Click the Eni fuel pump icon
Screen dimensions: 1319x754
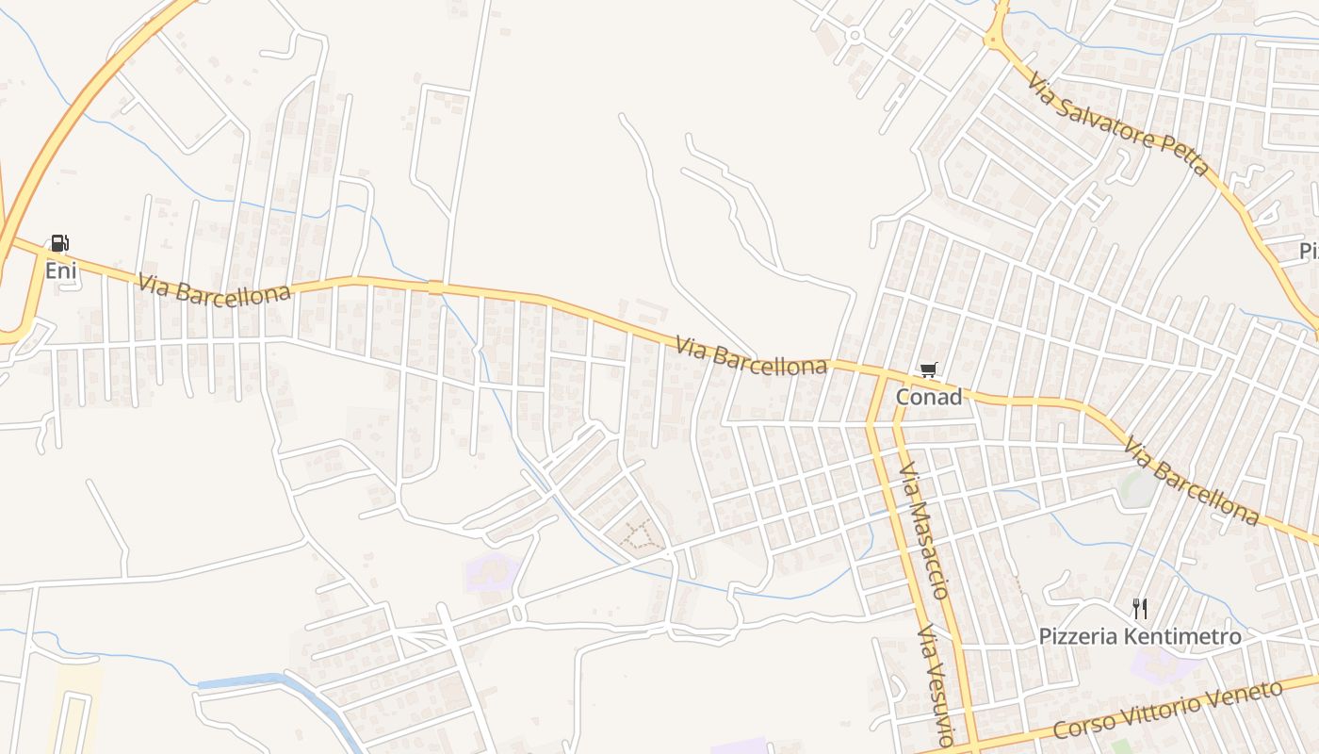(59, 243)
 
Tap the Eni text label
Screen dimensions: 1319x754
(60, 271)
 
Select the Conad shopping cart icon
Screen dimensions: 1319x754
(929, 370)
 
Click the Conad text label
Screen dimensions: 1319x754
(929, 397)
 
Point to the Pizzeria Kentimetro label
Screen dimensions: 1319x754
(1140, 637)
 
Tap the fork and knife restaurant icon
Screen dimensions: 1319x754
(1140, 608)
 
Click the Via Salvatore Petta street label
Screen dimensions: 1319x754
(1118, 126)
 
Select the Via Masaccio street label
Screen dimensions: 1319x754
(923, 530)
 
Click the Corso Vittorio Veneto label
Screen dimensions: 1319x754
(1168, 710)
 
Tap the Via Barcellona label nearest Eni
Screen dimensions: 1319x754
(213, 288)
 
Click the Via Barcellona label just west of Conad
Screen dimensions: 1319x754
(751, 357)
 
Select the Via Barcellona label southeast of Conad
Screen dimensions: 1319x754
(1191, 482)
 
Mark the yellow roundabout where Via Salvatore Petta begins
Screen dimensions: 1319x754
(995, 39)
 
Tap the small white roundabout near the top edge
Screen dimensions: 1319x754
(855, 36)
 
